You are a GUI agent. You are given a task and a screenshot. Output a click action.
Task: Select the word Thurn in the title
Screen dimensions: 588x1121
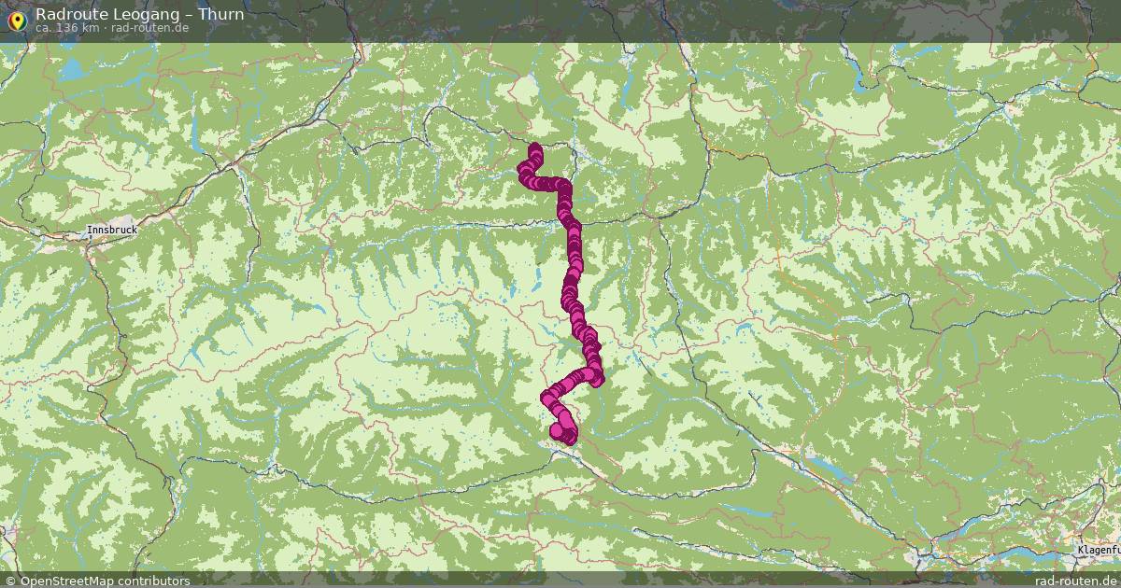click(x=221, y=14)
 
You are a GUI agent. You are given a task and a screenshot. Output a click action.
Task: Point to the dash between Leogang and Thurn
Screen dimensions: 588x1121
click(x=187, y=14)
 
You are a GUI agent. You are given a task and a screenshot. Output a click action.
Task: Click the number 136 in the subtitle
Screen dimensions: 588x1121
click(x=68, y=28)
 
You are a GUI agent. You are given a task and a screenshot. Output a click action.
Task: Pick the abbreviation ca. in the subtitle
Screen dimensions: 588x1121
click(x=44, y=28)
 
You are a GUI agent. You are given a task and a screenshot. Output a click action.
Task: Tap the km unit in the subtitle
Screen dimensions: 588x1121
click(x=90, y=28)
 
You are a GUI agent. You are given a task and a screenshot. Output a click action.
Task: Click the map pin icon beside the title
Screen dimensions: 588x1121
click(x=16, y=19)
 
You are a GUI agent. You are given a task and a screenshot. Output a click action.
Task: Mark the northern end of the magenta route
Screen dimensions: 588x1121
click(x=535, y=148)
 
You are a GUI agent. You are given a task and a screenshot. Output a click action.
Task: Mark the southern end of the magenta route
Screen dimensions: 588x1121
click(x=565, y=436)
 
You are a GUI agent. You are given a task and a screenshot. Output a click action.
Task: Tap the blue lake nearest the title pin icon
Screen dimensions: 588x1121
click(x=71, y=67)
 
